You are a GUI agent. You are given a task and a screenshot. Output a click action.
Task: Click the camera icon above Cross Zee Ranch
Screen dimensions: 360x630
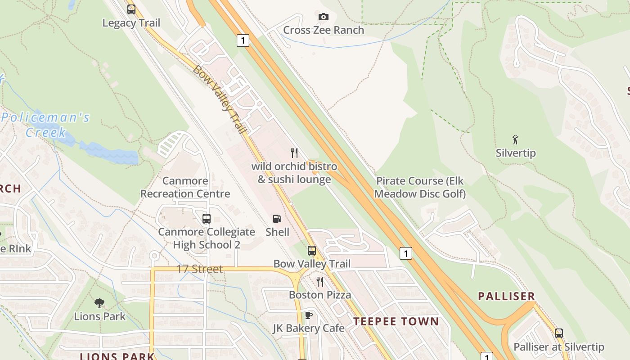pyautogui.click(x=323, y=17)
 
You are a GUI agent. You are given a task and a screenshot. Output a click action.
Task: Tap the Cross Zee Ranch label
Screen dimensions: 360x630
pyautogui.click(x=323, y=30)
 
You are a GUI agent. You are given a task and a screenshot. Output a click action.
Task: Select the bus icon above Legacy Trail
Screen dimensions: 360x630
pyautogui.click(x=131, y=9)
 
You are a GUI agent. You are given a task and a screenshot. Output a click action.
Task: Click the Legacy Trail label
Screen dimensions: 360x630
pyautogui.click(x=131, y=23)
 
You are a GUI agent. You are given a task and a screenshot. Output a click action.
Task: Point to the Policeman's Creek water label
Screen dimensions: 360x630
pyautogui.click(x=45, y=125)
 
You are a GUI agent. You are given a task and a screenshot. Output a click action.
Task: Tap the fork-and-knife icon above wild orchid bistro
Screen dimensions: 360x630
pyautogui.click(x=294, y=153)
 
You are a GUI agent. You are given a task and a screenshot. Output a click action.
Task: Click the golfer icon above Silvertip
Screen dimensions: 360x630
pyautogui.click(x=516, y=139)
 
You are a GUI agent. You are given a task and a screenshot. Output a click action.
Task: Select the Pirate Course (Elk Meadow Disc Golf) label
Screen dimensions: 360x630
pyautogui.click(x=420, y=187)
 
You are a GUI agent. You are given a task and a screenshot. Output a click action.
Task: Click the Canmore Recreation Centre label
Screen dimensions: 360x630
pyautogui.click(x=185, y=187)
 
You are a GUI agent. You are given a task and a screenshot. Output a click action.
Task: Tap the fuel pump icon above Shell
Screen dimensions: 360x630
pyautogui.click(x=277, y=219)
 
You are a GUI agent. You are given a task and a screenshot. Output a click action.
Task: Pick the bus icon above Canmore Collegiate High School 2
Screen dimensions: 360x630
pyautogui.click(x=207, y=219)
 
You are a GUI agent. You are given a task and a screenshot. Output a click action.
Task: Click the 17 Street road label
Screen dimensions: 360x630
pyautogui.click(x=199, y=269)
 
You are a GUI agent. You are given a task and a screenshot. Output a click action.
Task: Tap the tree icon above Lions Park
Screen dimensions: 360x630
pyautogui.click(x=99, y=303)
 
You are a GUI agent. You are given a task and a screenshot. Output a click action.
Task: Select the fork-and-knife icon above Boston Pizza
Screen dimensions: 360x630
pyautogui.click(x=320, y=282)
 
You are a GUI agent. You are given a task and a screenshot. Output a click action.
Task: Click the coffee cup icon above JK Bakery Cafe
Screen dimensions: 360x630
pyautogui.click(x=308, y=315)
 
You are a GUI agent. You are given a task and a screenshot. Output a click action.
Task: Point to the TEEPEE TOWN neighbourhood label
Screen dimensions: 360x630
pyautogui.click(x=396, y=321)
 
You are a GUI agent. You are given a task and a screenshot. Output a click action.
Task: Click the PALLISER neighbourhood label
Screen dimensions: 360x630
pyautogui.click(x=506, y=296)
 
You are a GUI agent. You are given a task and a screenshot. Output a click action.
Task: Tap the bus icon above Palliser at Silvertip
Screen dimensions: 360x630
pyautogui.click(x=558, y=333)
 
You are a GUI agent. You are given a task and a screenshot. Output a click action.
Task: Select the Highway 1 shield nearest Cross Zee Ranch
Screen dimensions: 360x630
pyautogui.click(x=243, y=41)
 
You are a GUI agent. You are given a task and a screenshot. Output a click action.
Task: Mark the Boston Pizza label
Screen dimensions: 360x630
pyautogui.click(x=320, y=295)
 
